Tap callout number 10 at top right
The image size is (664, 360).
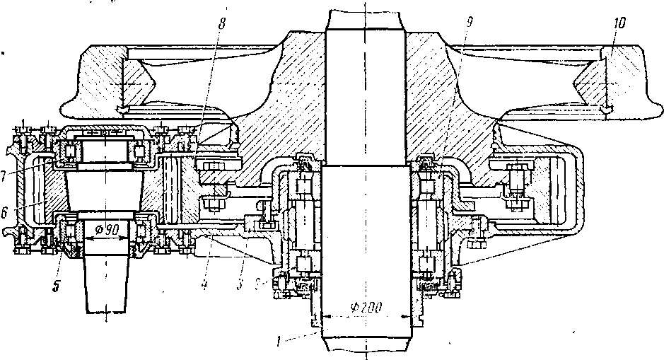pos(619,24)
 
